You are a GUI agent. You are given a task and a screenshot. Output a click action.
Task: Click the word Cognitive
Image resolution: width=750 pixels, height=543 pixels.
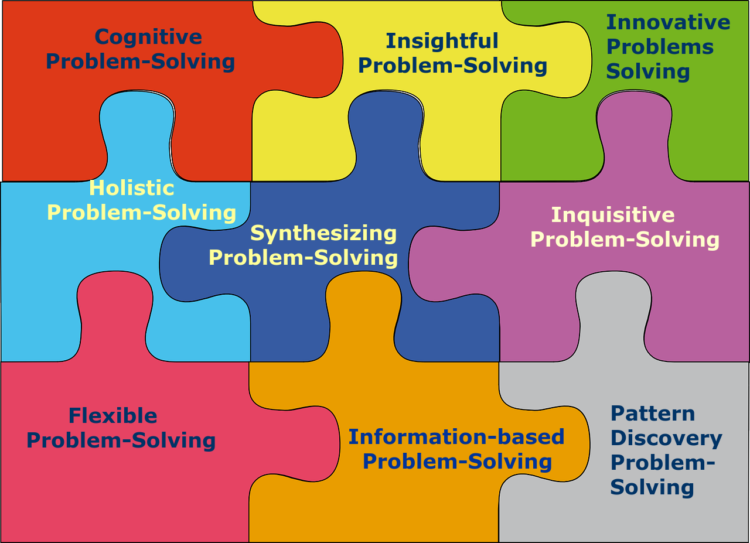click(x=148, y=37)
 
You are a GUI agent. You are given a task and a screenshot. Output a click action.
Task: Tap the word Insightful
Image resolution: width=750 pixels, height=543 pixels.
click(x=442, y=41)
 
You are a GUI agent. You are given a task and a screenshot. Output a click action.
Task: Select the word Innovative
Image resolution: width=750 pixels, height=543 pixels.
click(x=668, y=22)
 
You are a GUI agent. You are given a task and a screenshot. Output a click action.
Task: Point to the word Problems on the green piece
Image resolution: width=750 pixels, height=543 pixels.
click(x=659, y=47)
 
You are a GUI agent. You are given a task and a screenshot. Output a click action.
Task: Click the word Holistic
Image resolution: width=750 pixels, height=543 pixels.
click(x=132, y=188)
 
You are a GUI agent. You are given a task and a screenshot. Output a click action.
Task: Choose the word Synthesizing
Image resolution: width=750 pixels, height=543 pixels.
click(x=323, y=233)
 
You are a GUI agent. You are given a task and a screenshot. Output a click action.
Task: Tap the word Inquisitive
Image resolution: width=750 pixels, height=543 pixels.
click(x=613, y=215)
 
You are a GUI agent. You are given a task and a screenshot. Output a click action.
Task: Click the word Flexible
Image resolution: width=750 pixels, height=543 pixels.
click(x=112, y=416)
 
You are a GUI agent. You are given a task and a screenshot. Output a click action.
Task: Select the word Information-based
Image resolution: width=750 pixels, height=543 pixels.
click(x=456, y=437)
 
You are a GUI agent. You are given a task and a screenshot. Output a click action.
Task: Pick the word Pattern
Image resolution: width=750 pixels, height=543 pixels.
click(x=652, y=414)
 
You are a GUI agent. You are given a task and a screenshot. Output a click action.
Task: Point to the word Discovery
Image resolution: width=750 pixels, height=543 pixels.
click(x=666, y=438)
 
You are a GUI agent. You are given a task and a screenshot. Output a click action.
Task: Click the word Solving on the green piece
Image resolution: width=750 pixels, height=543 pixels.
click(x=647, y=71)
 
